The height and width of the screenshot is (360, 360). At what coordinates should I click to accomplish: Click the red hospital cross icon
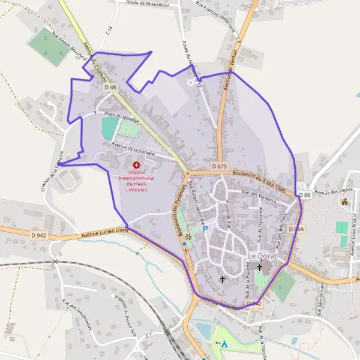point(136,164)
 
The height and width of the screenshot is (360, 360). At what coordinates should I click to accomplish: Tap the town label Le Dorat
point(262,256)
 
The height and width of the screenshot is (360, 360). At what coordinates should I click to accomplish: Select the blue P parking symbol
point(205,229)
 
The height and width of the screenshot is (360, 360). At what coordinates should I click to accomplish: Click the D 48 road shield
point(110,88)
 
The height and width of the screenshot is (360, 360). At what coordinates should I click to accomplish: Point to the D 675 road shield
point(220,166)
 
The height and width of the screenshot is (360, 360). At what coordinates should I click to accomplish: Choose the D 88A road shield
point(296,229)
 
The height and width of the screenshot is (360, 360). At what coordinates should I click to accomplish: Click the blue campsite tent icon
point(224,344)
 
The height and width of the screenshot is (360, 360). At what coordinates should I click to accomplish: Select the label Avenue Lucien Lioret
point(104,233)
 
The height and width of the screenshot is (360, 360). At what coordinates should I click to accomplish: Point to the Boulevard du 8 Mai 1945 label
point(258,178)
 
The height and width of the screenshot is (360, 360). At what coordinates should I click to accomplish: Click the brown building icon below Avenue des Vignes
point(344,202)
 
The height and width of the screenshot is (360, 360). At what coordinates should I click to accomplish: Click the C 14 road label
point(108,30)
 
